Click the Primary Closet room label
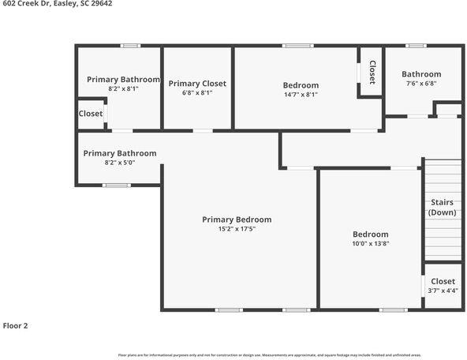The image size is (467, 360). pos(197,84)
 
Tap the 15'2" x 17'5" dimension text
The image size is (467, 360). pos(237,229)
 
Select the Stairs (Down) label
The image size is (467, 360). pos(442,208)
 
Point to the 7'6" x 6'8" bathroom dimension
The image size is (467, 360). pos(421,84)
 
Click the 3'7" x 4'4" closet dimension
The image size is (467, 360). pos(443,291)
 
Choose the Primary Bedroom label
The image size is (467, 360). pos(237,219)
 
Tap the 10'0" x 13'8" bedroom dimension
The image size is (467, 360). pos(370,243)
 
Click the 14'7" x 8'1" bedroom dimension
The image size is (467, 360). pos(301,95)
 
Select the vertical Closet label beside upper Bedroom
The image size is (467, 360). pos(372,73)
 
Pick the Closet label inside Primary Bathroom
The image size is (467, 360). pos(91,114)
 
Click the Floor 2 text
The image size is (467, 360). pos(16,325)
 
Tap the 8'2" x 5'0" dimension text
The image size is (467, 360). pos(120,163)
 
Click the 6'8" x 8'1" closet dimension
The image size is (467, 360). pos(197,93)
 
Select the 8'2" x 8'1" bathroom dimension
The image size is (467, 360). pos(123,89)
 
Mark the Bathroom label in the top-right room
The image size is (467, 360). pos(421,74)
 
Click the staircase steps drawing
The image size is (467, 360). pos(443,237)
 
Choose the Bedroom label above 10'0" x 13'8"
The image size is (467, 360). pos(370,234)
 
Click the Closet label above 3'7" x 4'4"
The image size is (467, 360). pos(443,281)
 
